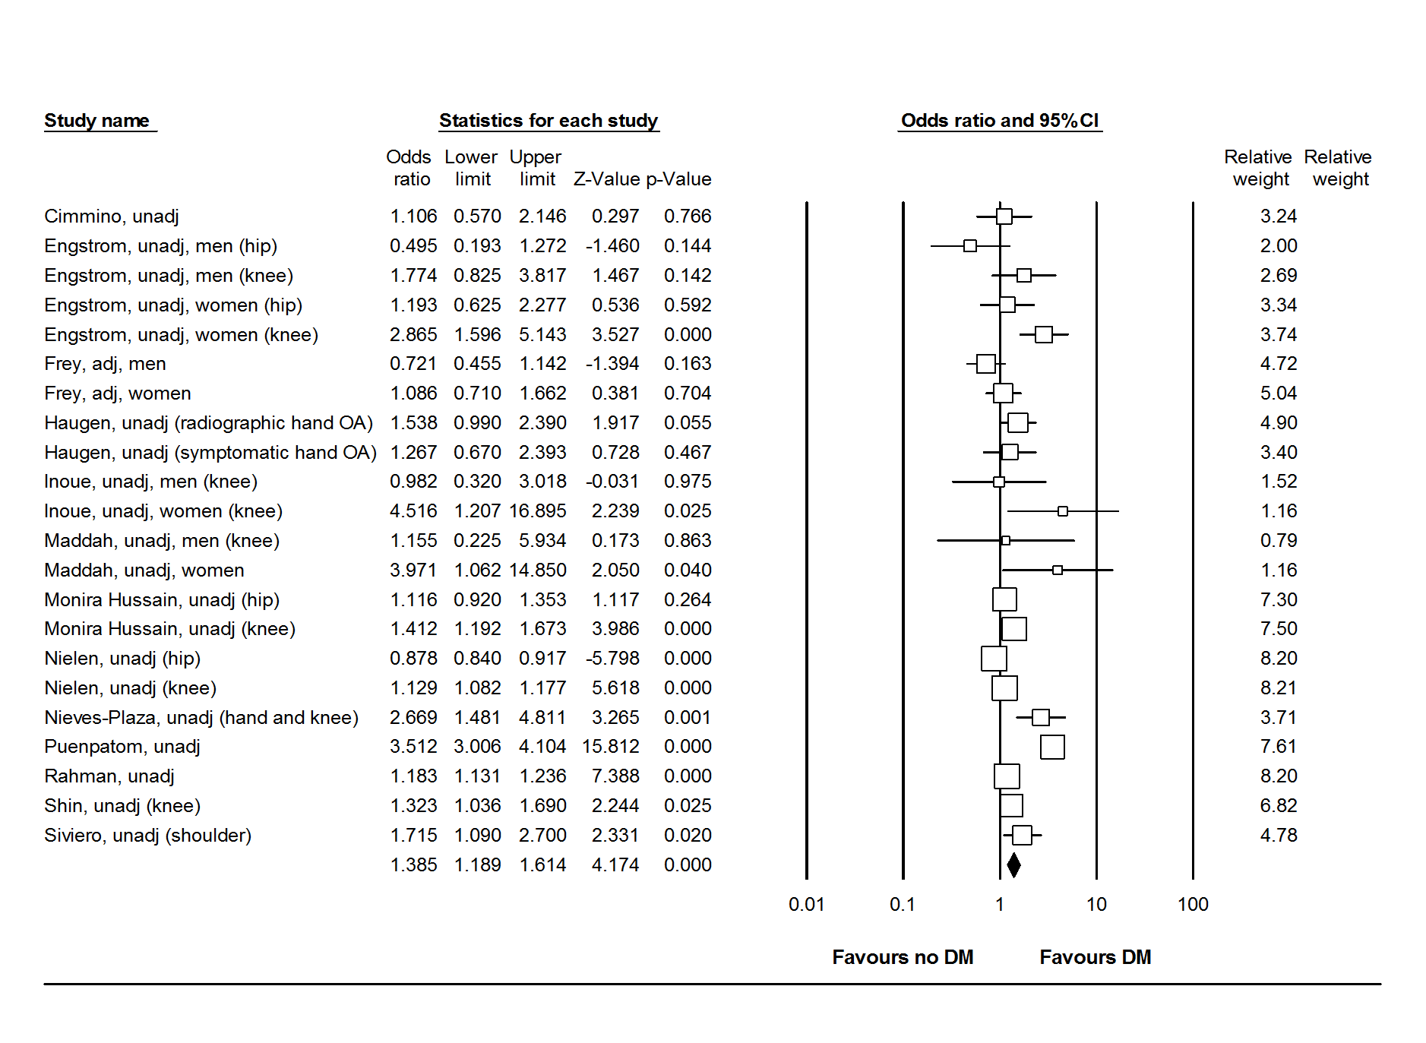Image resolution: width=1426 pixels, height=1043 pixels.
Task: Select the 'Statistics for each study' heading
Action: pyautogui.click(x=548, y=121)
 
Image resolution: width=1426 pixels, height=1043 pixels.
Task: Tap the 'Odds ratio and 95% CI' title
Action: pyautogui.click(x=999, y=121)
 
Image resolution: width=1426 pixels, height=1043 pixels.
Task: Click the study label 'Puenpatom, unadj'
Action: pyautogui.click(x=122, y=747)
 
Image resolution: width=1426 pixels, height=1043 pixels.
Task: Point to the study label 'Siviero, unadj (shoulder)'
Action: pyautogui.click(x=147, y=836)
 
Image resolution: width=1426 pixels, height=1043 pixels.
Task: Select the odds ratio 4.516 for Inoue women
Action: pyautogui.click(x=413, y=511)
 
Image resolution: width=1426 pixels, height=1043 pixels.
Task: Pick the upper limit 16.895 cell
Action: pyautogui.click(x=537, y=511)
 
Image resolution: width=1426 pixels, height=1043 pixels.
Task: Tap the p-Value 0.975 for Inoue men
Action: pyautogui.click(x=687, y=482)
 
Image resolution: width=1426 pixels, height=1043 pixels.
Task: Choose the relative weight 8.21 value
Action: pyautogui.click(x=1278, y=688)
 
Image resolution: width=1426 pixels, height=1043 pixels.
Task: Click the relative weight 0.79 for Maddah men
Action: pyautogui.click(x=1278, y=541)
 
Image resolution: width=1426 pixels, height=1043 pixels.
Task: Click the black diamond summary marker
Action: pyautogui.click(x=1013, y=864)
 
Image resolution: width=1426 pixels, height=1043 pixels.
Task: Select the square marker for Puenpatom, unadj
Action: pyautogui.click(x=1052, y=747)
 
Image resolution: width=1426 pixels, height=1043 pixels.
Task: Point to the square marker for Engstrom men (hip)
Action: pyautogui.click(x=970, y=246)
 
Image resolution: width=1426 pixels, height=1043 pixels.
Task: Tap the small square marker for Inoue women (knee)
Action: pyautogui.click(x=1063, y=511)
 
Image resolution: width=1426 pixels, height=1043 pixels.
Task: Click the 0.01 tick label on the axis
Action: pyautogui.click(x=806, y=904)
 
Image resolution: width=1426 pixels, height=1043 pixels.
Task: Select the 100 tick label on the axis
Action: pyautogui.click(x=1193, y=904)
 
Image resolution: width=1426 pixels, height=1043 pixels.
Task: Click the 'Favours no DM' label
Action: pyautogui.click(x=903, y=957)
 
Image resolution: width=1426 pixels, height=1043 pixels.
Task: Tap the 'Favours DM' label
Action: pyautogui.click(x=1095, y=957)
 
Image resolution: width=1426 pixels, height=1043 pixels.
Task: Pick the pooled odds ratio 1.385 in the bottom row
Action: pyautogui.click(x=413, y=865)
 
